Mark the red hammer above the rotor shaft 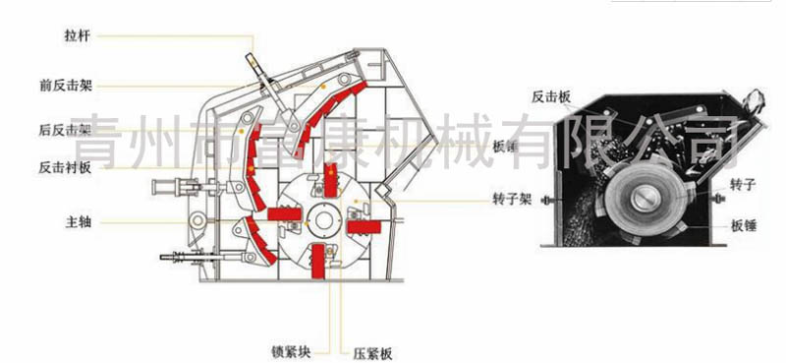[331, 182]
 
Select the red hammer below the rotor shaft [319, 261]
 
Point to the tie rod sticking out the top [259, 65]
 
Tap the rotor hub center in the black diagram [646, 201]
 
